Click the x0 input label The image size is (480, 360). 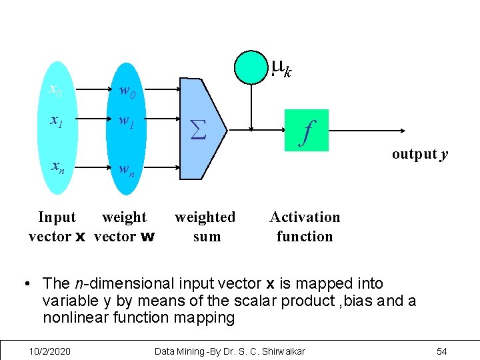click(x=56, y=89)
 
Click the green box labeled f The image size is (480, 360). click(x=307, y=129)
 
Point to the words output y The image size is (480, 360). click(x=419, y=154)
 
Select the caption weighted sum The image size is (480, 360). click(x=205, y=226)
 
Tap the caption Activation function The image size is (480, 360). click(x=305, y=226)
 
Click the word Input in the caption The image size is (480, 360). click(x=57, y=217)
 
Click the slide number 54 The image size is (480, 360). click(x=441, y=351)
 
